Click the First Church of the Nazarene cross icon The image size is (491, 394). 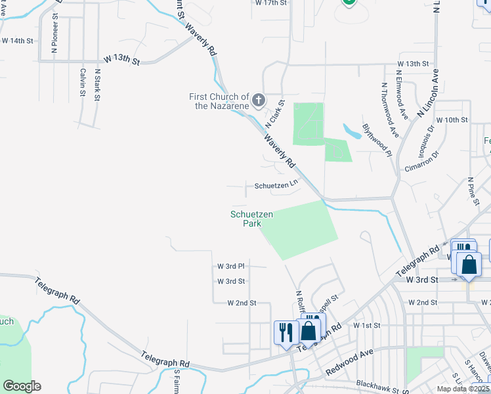[x=259, y=100]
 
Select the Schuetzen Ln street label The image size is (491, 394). [x=276, y=186]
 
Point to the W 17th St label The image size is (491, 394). [x=271, y=3]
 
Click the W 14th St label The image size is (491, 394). [x=18, y=41]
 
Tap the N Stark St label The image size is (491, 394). [x=97, y=85]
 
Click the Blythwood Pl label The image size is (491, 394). [x=376, y=140]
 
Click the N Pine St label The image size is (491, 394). [x=471, y=190]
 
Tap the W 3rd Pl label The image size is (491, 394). [x=231, y=267]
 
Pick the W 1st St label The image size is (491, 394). [x=367, y=326]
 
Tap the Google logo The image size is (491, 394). [x=22, y=386]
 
